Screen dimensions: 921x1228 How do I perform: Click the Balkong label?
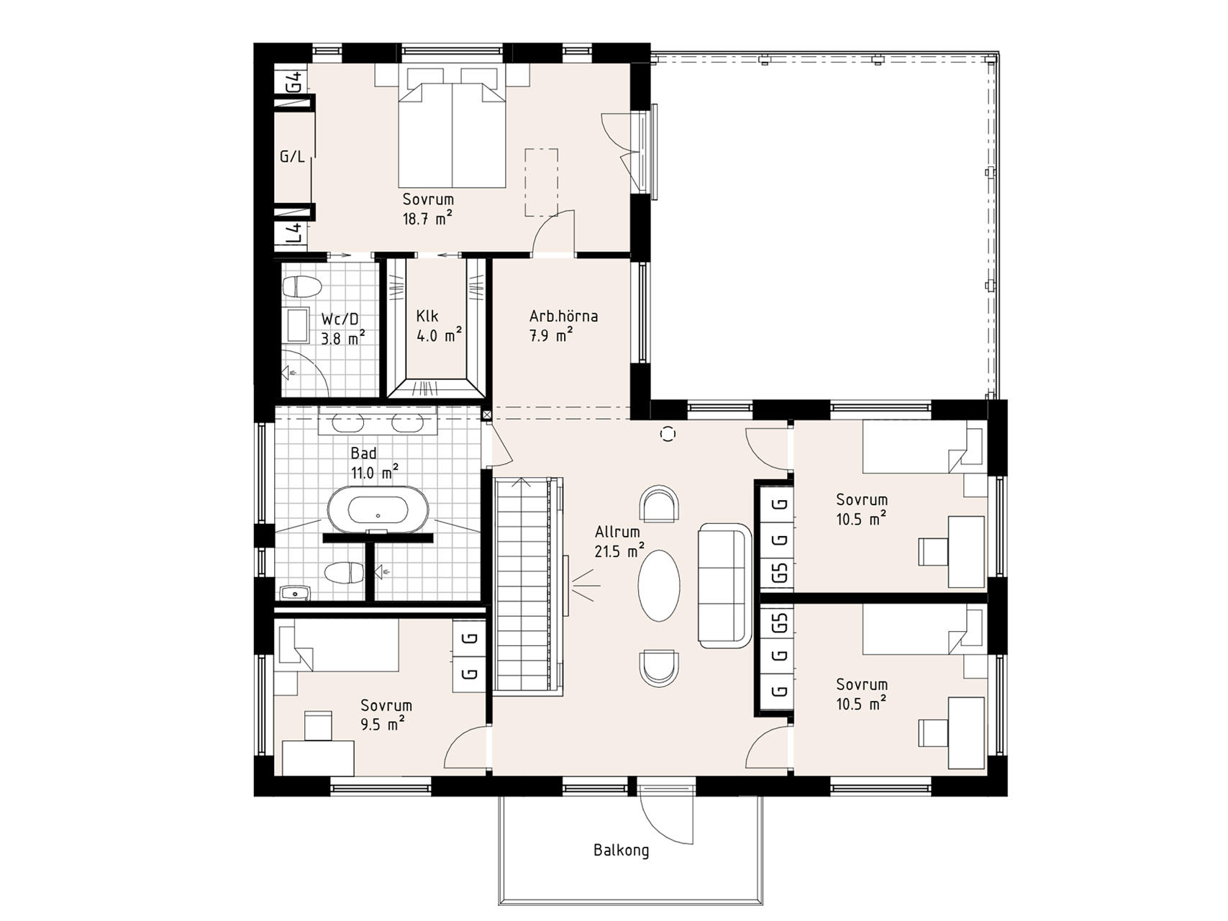pyautogui.click(x=621, y=850)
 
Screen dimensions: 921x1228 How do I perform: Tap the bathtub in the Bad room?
pyautogui.click(x=378, y=510)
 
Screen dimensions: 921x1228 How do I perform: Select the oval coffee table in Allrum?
pyautogui.click(x=659, y=585)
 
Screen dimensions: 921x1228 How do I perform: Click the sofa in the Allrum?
pyautogui.click(x=724, y=585)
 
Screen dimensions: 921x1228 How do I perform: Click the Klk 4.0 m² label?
pyautogui.click(x=438, y=325)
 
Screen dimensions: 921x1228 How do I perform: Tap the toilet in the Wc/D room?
pyautogui.click(x=301, y=287)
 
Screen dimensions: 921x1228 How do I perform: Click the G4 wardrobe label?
pyautogui.click(x=293, y=83)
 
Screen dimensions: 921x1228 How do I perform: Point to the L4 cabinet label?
pyautogui.click(x=293, y=234)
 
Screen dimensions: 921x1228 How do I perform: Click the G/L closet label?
pyautogui.click(x=291, y=156)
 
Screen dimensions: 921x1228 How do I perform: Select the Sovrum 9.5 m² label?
pyautogui.click(x=386, y=714)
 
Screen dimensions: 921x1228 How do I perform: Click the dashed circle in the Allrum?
pyautogui.click(x=668, y=433)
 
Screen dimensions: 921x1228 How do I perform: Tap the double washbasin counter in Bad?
pyautogui.click(x=378, y=423)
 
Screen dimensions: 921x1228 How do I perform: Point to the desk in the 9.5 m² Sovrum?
pyautogui.click(x=318, y=758)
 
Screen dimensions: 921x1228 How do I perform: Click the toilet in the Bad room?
pyautogui.click(x=345, y=573)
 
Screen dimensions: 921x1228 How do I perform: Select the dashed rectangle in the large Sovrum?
pyautogui.click(x=541, y=182)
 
